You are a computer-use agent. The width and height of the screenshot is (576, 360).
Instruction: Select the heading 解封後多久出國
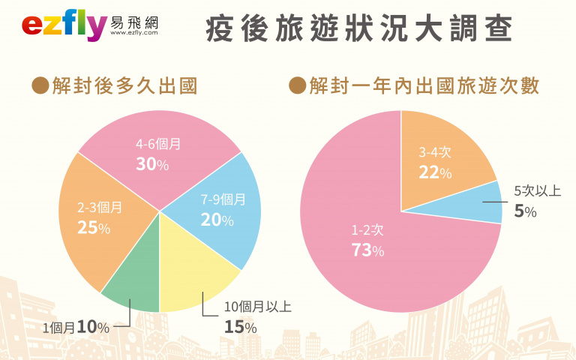point(124,86)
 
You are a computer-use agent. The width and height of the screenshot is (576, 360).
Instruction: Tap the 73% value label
point(367,250)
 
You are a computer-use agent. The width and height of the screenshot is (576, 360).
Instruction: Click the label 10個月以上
point(258,307)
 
